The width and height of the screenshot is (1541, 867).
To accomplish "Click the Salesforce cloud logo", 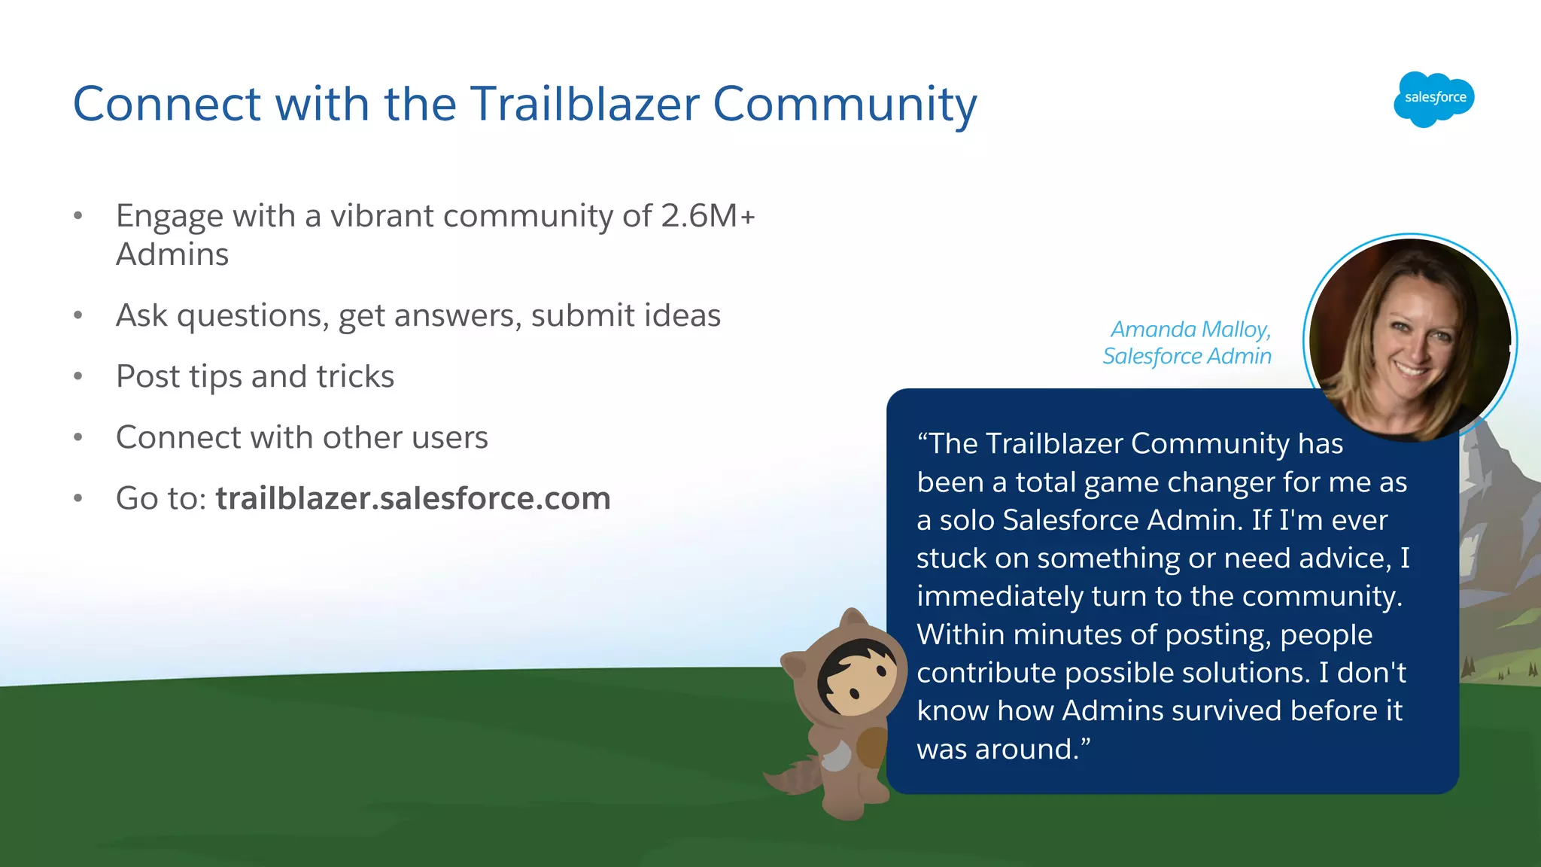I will (x=1433, y=99).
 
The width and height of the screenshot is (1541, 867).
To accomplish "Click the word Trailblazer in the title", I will (x=585, y=104).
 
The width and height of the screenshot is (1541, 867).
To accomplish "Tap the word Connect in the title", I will (x=166, y=104).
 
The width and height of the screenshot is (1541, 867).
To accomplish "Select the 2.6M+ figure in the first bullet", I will (x=707, y=216).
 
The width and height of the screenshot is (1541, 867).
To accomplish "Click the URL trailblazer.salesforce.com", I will (x=412, y=498).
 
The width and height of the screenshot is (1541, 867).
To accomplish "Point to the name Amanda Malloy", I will (x=1190, y=330).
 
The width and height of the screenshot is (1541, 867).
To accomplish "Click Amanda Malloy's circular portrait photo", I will (x=1410, y=339).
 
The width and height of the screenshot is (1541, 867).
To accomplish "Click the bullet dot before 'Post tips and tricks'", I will (x=78, y=376).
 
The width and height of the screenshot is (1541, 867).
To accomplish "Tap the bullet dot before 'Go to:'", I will (x=78, y=498).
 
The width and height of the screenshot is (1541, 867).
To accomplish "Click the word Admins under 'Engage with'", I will (x=172, y=254).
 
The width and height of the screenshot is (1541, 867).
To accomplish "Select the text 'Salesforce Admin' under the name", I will (x=1187, y=356).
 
